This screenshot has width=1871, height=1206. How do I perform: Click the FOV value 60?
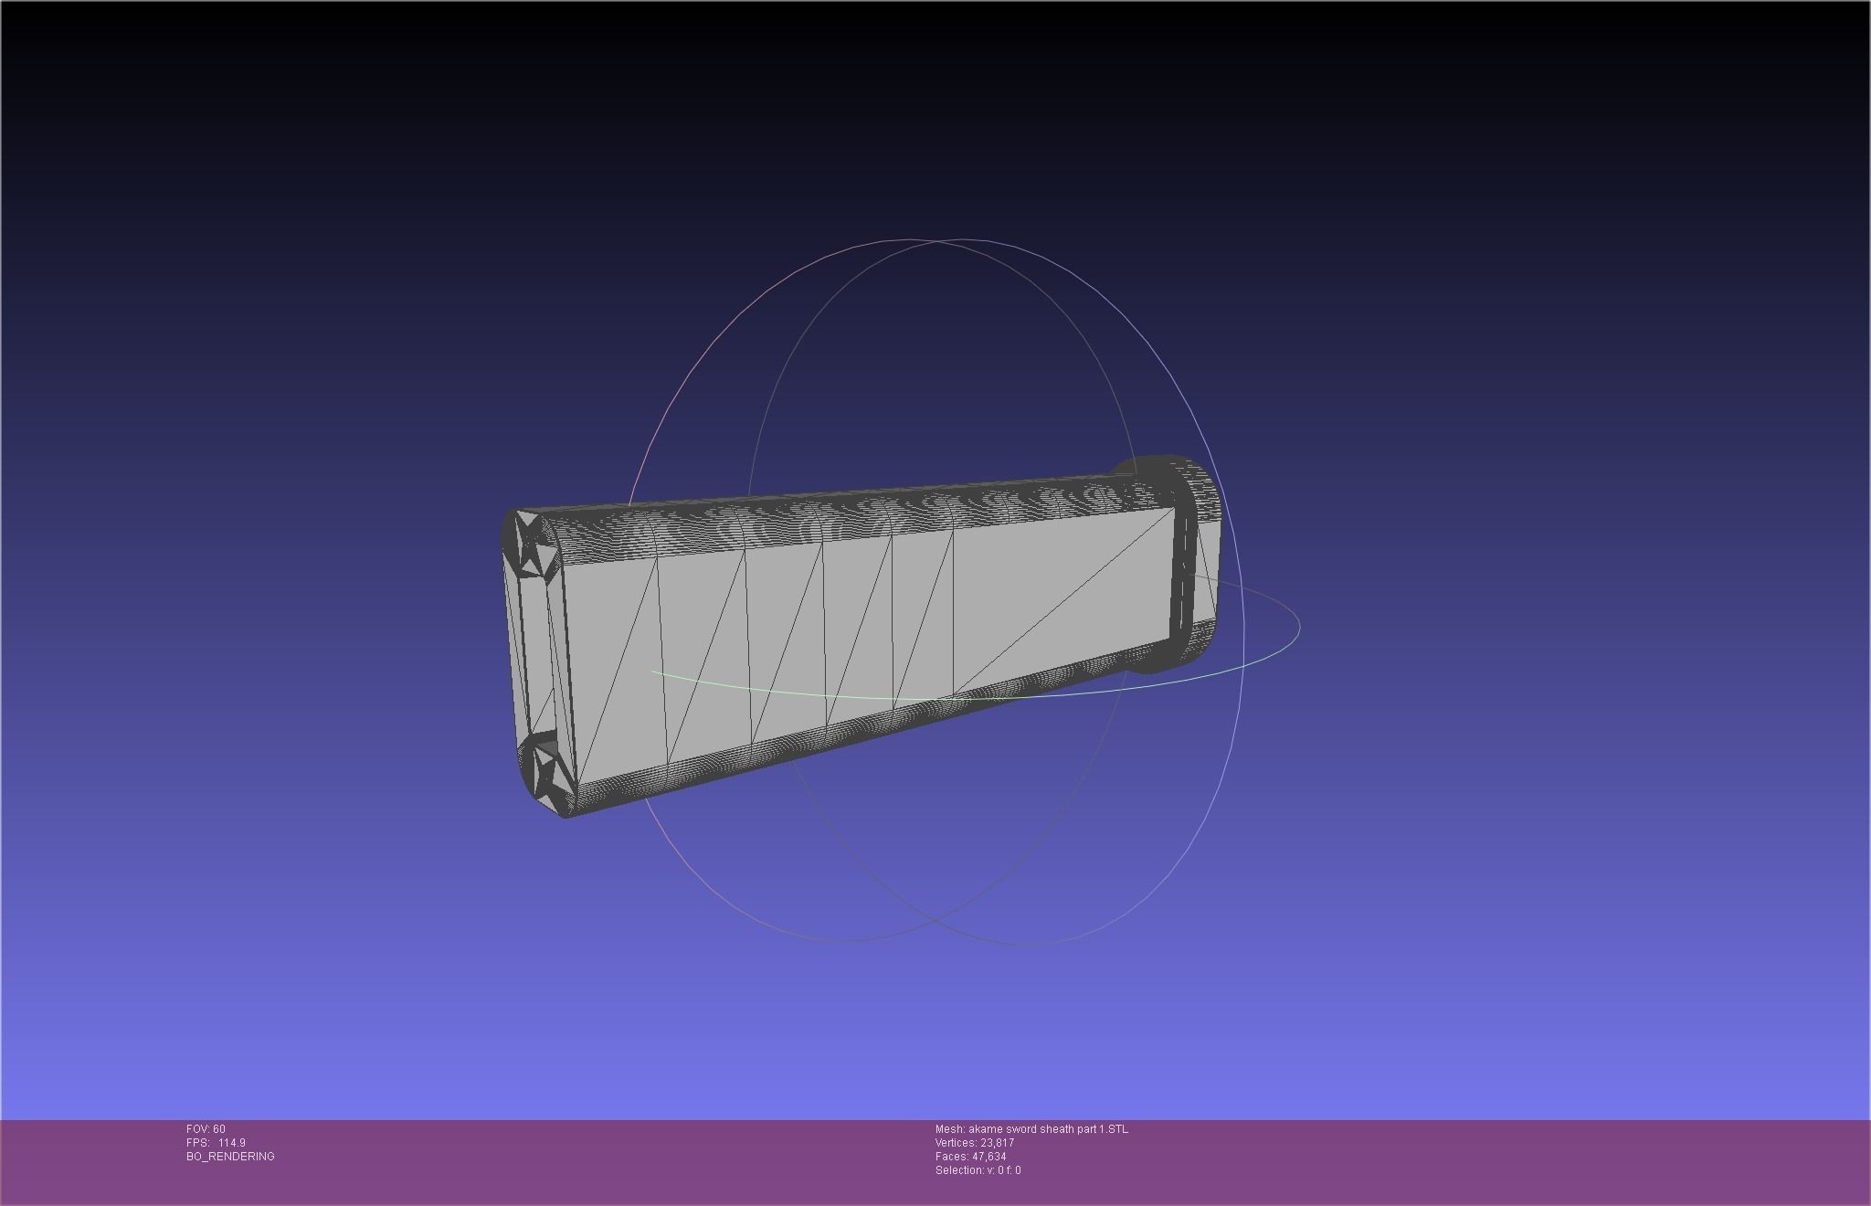(x=218, y=1129)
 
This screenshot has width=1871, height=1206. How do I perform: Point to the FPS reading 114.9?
(x=231, y=1143)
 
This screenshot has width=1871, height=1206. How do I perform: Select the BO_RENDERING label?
(x=230, y=1157)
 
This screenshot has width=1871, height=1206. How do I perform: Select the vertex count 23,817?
(x=998, y=1143)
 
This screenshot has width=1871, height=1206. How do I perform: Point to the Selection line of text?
(x=978, y=1170)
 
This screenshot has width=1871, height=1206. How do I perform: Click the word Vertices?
(x=956, y=1143)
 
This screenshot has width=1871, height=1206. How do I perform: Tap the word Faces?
(x=950, y=1157)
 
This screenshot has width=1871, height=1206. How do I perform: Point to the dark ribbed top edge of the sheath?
(x=822, y=521)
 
